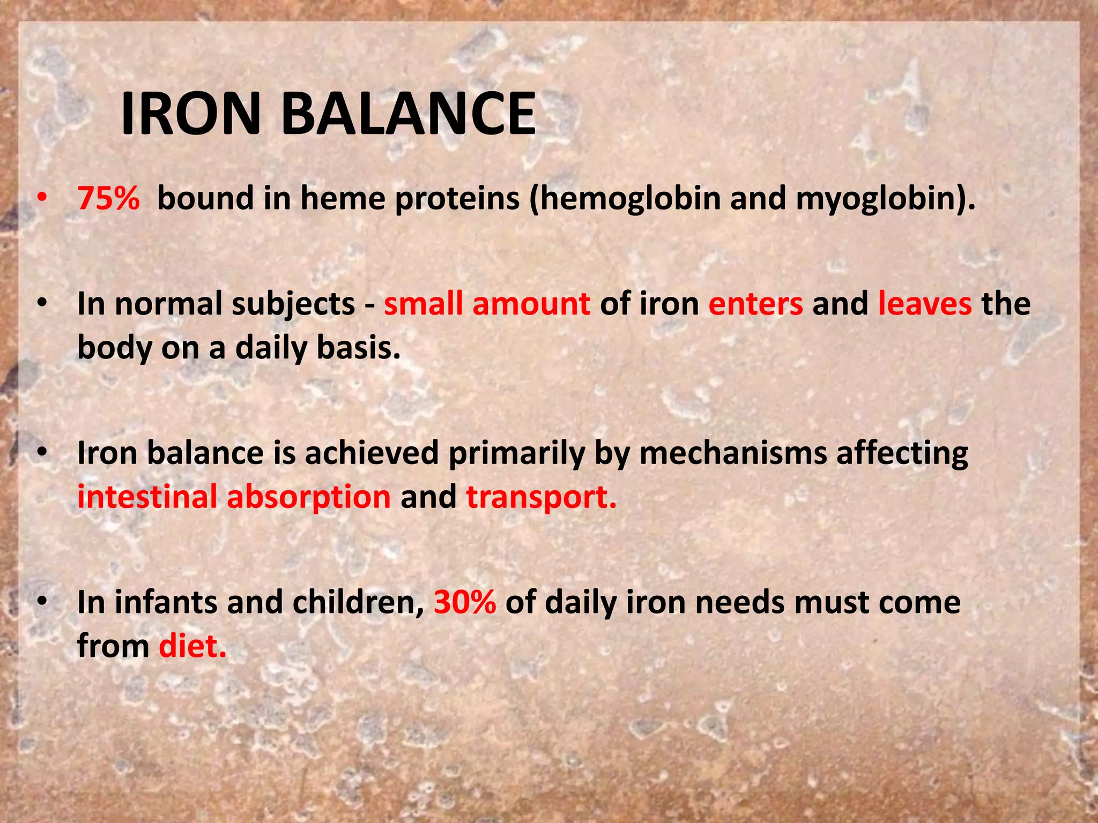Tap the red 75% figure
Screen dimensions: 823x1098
pos(109,198)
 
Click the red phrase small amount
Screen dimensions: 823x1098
pos(487,304)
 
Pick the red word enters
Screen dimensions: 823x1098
pos(755,304)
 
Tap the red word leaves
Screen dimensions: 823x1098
pos(924,304)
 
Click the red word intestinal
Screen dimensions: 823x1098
pos(147,497)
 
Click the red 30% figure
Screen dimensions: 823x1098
pos(465,602)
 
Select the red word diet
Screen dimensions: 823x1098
pos(192,646)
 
